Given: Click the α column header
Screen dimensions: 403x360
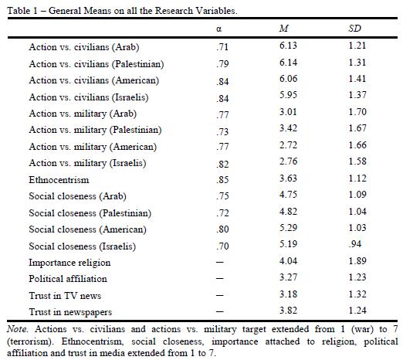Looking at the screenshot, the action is [x=219, y=29].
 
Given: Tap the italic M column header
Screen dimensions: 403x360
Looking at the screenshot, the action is [x=284, y=29].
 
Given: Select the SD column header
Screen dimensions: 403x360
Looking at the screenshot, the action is [x=355, y=29].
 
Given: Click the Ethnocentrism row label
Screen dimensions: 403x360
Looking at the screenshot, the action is [x=59, y=180].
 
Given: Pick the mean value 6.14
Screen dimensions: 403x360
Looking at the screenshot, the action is [x=288, y=63].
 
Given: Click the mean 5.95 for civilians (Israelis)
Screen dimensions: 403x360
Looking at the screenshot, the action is [x=288, y=95].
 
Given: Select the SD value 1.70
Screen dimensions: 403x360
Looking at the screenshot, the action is [x=357, y=112].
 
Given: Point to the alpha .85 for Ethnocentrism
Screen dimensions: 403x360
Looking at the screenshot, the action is [x=222, y=179].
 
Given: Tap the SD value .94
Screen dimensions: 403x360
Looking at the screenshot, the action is [x=355, y=244].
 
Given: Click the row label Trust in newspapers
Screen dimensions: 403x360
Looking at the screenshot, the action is [x=70, y=312].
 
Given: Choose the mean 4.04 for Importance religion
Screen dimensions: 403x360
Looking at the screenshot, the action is [x=288, y=261].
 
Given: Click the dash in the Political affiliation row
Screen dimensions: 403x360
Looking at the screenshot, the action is [x=220, y=279].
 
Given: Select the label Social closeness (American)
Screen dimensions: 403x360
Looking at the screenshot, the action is [x=87, y=229].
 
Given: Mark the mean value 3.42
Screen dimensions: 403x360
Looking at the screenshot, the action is [x=288, y=128].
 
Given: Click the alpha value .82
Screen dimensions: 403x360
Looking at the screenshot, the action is [x=222, y=164].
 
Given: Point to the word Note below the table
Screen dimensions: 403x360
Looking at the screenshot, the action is [x=17, y=329].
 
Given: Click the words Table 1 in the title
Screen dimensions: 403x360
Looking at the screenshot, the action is [x=22, y=11].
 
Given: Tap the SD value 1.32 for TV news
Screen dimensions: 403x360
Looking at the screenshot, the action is [x=357, y=294].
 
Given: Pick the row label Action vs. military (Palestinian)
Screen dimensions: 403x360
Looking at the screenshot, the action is [x=95, y=130].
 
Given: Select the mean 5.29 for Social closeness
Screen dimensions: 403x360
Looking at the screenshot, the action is [x=288, y=228].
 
